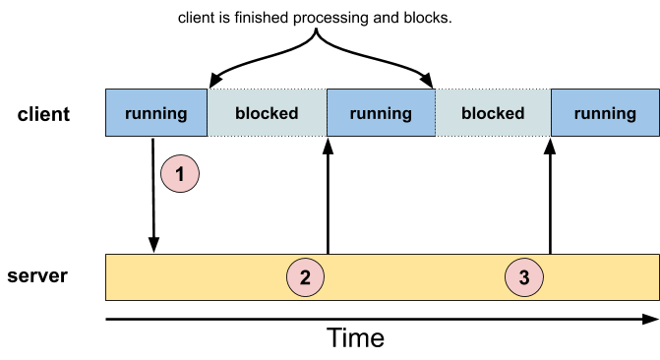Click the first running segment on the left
point(156,113)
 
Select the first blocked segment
point(267,113)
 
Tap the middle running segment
point(381,113)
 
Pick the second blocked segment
point(493,113)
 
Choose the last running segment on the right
point(605,113)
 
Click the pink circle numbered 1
point(180,175)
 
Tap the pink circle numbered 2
point(305,277)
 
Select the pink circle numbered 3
point(523,277)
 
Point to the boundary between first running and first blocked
point(208,113)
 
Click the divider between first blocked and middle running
point(327,113)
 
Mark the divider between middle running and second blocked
point(435,113)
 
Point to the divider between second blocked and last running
point(551,113)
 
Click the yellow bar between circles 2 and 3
point(414,277)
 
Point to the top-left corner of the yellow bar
point(106,256)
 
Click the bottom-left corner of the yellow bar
point(106,299)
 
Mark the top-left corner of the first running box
point(106,90)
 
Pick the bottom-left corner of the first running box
point(106,136)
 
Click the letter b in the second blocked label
point(466,113)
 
